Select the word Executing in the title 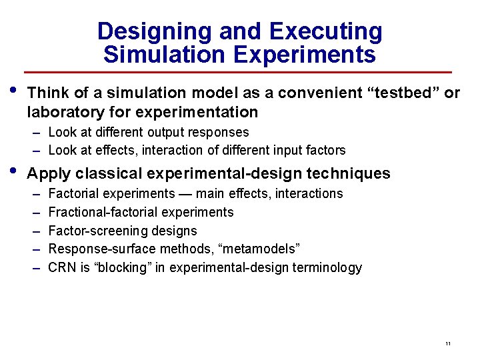click(326, 31)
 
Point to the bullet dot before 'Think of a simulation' click(15, 91)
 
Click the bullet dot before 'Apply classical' click(15, 173)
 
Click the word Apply click(49, 174)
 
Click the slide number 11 click(448, 343)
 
